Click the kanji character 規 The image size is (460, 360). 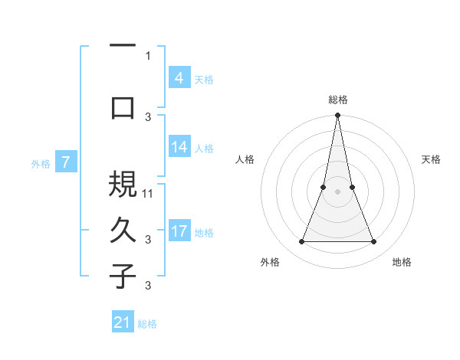tap(123, 185)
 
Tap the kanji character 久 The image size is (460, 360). tap(123, 230)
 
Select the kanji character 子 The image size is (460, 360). tap(123, 276)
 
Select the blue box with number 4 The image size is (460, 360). tap(179, 78)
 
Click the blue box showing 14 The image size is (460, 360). tap(179, 148)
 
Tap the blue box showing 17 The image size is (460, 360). tap(179, 231)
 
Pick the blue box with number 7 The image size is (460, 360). tap(66, 162)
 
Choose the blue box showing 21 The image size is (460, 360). tap(123, 322)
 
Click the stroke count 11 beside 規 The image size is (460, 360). tap(149, 193)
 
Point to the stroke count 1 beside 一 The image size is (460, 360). tap(148, 55)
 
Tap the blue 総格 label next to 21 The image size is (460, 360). tap(147, 324)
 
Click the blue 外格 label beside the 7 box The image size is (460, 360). tap(41, 163)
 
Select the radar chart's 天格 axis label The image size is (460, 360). tap(432, 159)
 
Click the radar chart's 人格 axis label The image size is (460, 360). tap(245, 159)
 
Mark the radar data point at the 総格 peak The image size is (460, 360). tap(337, 116)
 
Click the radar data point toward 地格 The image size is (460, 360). tap(374, 242)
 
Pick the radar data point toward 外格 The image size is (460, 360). tap(301, 242)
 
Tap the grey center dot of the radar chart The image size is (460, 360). tap(337, 191)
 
